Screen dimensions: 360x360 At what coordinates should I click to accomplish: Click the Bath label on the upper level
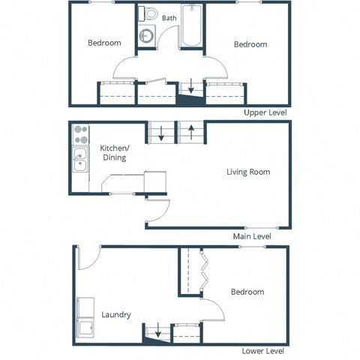click(x=169, y=18)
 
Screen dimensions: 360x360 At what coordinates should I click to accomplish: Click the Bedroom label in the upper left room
click(x=104, y=43)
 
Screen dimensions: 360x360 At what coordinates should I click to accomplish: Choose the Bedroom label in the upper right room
click(x=250, y=44)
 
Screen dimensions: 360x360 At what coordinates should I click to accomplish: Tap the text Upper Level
click(x=265, y=112)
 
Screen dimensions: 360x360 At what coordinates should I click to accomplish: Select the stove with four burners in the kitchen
click(x=80, y=135)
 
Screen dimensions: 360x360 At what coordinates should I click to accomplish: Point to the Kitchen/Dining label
click(x=113, y=153)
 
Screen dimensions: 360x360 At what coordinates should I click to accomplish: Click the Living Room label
click(x=248, y=172)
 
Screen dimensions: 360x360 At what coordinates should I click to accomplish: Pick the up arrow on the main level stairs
click(x=191, y=133)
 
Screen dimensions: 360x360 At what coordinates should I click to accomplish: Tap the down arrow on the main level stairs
click(x=161, y=133)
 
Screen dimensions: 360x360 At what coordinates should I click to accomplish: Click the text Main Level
click(x=251, y=236)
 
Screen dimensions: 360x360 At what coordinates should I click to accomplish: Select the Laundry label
click(x=116, y=314)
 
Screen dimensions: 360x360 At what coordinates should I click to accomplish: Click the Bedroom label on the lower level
click(x=247, y=292)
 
